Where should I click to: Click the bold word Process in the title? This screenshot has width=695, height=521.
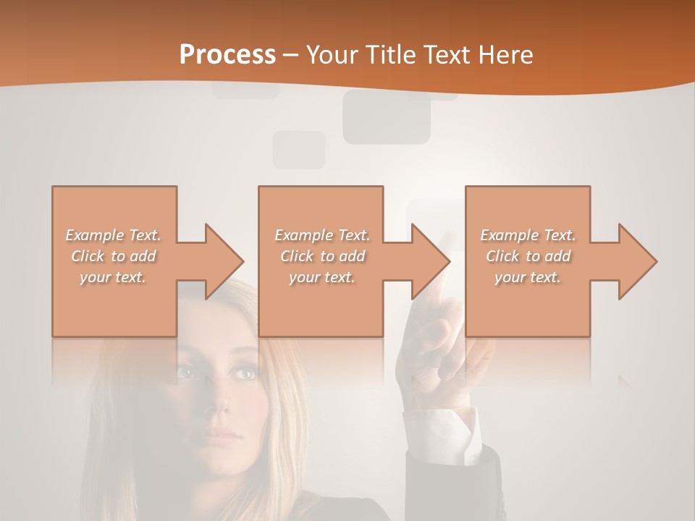227,55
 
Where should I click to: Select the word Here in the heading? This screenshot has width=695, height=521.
507,55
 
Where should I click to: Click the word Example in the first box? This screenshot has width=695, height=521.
95,235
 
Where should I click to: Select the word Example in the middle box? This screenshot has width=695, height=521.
303,235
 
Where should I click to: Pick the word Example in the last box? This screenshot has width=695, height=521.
509,235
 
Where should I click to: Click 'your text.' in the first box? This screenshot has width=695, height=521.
113,277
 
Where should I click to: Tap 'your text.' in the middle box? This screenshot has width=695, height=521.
321,277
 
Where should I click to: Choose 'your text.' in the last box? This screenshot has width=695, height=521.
528,277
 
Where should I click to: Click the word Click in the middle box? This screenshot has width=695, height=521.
297,256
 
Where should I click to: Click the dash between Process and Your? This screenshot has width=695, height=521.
291,55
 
